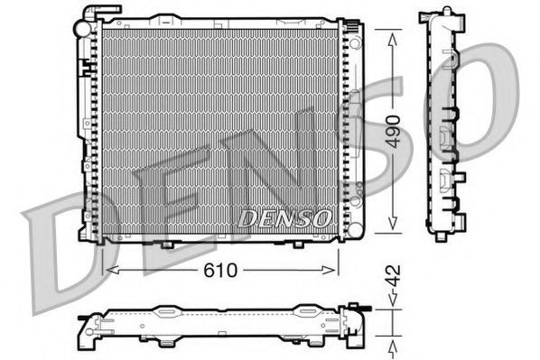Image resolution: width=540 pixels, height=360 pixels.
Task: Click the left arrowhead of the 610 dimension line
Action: click(x=109, y=270)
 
